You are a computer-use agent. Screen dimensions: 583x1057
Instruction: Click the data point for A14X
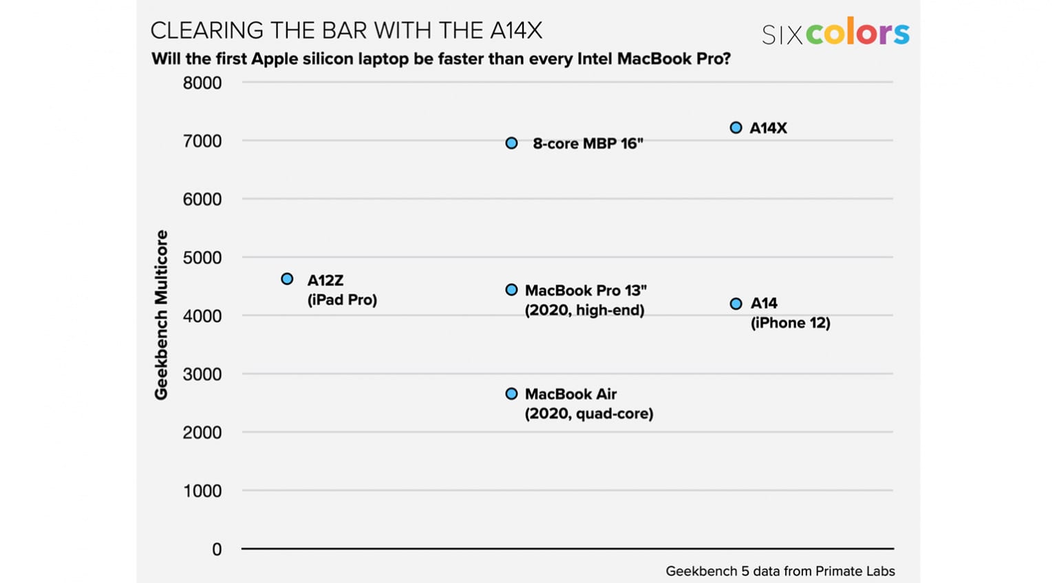pyautogui.click(x=736, y=128)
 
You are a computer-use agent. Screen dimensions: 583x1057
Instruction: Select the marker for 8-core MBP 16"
pyautogui.click(x=511, y=143)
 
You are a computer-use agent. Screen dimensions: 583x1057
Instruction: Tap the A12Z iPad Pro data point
pyautogui.click(x=287, y=278)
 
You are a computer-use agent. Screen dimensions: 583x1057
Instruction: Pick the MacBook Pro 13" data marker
pyautogui.click(x=511, y=290)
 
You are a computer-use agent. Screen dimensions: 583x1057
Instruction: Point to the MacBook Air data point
pyautogui.click(x=511, y=394)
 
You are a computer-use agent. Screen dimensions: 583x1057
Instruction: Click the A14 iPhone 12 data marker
pyautogui.click(x=736, y=304)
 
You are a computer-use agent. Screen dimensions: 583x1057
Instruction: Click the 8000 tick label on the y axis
pyautogui.click(x=202, y=83)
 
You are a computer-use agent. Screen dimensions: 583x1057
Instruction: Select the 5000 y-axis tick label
pyautogui.click(x=202, y=258)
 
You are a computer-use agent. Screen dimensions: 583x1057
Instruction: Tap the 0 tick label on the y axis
pyautogui.click(x=217, y=549)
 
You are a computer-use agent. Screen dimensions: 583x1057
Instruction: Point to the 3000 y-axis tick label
pyautogui.click(x=202, y=375)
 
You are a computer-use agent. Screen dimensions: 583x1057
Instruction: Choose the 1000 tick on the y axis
pyautogui.click(x=202, y=491)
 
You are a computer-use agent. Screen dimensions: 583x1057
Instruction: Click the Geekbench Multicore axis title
pyautogui.click(x=161, y=315)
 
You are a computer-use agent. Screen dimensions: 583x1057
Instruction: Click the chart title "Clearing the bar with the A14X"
pyautogui.click(x=346, y=30)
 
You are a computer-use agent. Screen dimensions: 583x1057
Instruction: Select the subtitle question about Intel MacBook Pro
pyautogui.click(x=440, y=58)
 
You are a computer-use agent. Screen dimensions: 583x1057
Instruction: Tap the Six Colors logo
pyautogui.click(x=835, y=33)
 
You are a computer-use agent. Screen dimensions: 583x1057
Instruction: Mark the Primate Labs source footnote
pyautogui.click(x=780, y=571)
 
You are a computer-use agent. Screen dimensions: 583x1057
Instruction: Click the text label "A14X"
pyautogui.click(x=768, y=128)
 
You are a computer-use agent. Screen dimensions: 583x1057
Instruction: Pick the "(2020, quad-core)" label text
pyautogui.click(x=589, y=414)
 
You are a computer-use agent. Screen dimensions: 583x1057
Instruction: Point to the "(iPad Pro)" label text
pyautogui.click(x=342, y=300)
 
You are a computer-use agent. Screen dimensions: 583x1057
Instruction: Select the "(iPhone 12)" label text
pyautogui.click(x=790, y=323)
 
